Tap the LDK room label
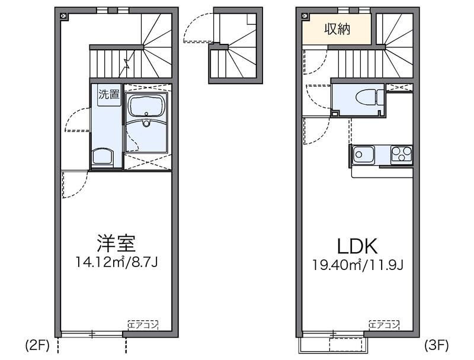(x=357, y=246)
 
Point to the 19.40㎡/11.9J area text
(x=358, y=264)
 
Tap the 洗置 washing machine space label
(x=108, y=94)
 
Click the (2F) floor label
(x=37, y=344)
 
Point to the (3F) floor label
(x=437, y=344)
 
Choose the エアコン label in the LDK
(x=384, y=324)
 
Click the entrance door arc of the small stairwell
(x=196, y=30)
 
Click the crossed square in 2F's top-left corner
(x=63, y=16)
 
